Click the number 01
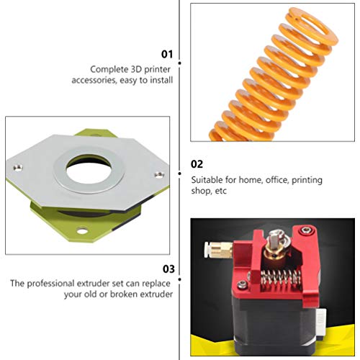[x=167, y=54]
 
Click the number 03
[x=167, y=269]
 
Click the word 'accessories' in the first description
[x=110, y=81]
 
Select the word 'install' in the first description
[x=160, y=81]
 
